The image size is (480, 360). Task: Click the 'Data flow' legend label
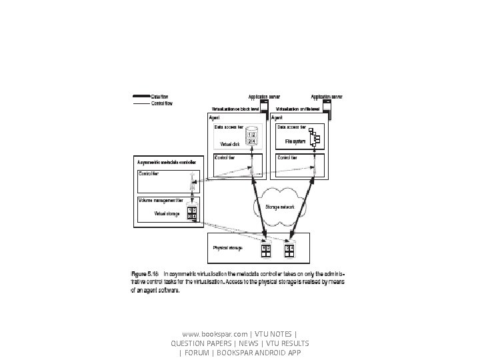tap(161, 97)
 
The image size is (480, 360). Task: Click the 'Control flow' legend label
tap(163, 103)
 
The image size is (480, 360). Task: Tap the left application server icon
tap(264, 107)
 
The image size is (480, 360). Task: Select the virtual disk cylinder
tap(251, 137)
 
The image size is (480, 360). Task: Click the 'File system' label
tap(295, 141)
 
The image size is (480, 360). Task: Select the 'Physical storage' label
tap(227, 248)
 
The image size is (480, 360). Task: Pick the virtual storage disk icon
tap(191, 213)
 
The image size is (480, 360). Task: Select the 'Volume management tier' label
tap(161, 199)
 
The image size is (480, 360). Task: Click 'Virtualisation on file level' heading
tap(298, 109)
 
